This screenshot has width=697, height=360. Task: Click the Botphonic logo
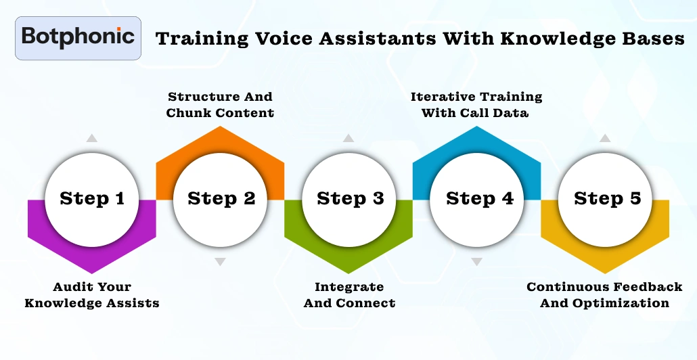coord(78,37)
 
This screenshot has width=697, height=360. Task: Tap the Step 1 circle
coord(92,199)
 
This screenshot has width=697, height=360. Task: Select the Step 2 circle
coord(221,199)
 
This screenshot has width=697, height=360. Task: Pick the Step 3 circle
coord(349,199)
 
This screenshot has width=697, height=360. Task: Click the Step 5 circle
coord(606,199)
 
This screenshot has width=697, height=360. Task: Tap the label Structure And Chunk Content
coord(221,105)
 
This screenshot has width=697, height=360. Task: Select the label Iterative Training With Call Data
coord(476,105)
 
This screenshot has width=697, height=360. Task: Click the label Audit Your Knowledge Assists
coord(92,295)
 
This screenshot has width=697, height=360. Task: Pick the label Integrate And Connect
coord(349,295)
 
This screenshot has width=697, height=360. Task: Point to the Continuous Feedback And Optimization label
coord(604,295)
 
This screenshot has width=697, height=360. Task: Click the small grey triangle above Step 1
coord(91,138)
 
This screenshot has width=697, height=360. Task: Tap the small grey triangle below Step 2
coord(220,261)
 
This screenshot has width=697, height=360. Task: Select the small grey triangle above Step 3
coord(348,138)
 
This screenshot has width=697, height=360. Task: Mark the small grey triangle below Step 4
coord(477,261)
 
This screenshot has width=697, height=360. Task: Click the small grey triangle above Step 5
coord(606,138)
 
